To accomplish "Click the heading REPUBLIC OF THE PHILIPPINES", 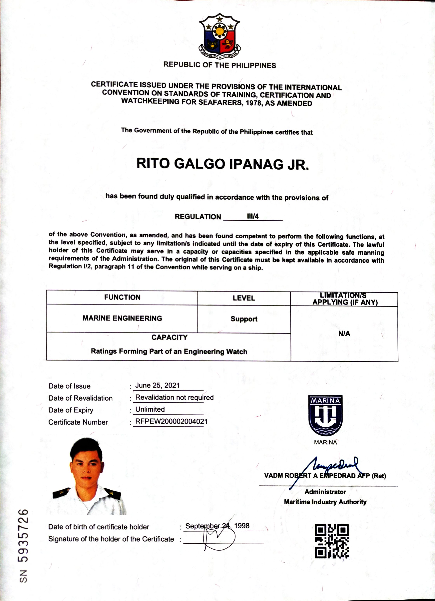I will (x=220, y=65).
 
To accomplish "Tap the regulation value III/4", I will (x=253, y=216).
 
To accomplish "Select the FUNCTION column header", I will (x=122, y=297).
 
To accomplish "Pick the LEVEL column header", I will (x=244, y=298).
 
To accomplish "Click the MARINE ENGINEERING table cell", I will (x=122, y=318).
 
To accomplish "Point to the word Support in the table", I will (x=244, y=319).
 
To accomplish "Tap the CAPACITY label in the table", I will (x=169, y=337).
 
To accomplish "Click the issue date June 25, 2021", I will (x=157, y=385).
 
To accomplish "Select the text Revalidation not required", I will (x=174, y=397).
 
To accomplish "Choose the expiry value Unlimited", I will (x=150, y=409).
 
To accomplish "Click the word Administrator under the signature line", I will (x=325, y=492).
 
